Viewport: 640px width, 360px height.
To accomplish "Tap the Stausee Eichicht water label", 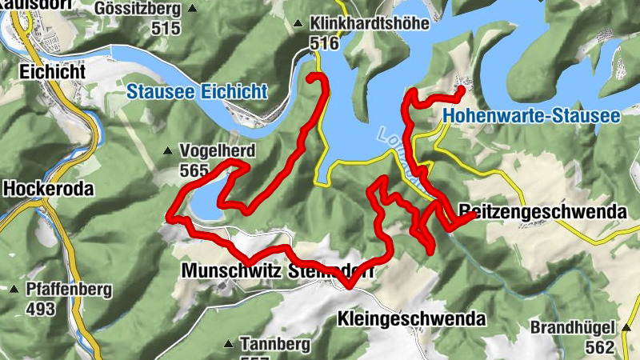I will (x=197, y=91).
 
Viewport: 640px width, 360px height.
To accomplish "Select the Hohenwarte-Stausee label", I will (x=530, y=117).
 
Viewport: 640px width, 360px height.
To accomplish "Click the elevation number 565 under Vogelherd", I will (x=194, y=170).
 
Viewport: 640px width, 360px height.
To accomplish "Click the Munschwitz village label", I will (x=228, y=270).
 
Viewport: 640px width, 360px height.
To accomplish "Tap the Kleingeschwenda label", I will (x=412, y=318).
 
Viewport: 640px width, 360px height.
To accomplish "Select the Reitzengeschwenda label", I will (x=542, y=212).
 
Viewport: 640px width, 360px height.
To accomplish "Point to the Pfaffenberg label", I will (x=70, y=290).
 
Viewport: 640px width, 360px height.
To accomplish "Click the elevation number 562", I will (x=598, y=346).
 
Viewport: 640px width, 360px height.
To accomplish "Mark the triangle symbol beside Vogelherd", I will (x=168, y=150).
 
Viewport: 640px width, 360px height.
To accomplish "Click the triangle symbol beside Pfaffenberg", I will (x=14, y=290).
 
